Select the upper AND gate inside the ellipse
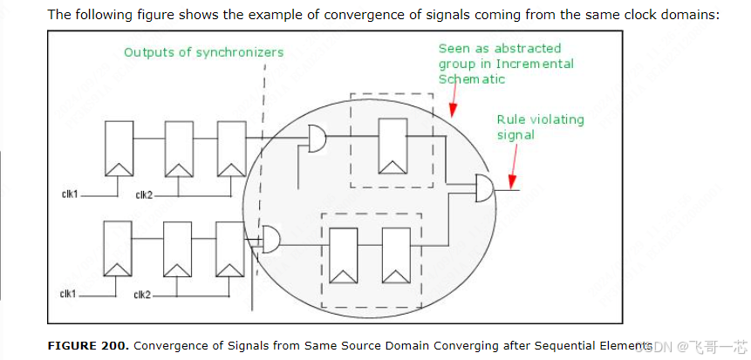[317, 137]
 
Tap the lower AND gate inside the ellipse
[270, 239]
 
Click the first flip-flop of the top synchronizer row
[117, 147]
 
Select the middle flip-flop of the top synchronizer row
[179, 147]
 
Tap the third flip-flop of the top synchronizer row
[231, 147]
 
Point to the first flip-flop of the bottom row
[117, 248]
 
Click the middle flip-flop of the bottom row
[177, 248]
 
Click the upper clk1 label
[69, 194]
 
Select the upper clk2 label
[144, 194]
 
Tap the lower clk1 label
[68, 294]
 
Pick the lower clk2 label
[142, 295]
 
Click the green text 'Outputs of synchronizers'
[203, 52]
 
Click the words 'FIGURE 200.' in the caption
[88, 345]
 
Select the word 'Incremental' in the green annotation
[535, 64]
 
